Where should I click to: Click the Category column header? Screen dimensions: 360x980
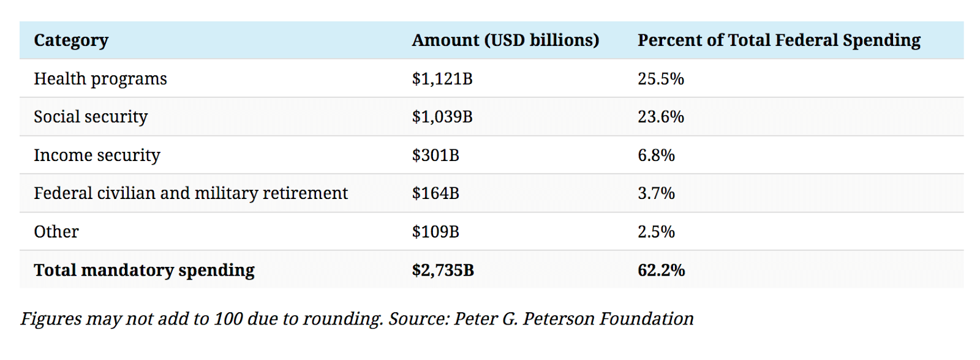[x=71, y=40]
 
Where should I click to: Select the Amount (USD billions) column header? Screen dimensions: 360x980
[x=505, y=40]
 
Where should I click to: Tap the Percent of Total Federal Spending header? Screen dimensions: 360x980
[x=778, y=40]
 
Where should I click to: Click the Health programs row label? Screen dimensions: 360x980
[x=100, y=79]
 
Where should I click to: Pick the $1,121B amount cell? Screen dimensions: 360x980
[x=442, y=79]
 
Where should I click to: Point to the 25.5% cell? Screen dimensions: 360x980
[x=660, y=79]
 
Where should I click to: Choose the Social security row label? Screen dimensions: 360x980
[x=91, y=117]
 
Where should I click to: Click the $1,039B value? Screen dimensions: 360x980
[x=442, y=117]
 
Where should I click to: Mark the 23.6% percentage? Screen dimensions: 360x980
[x=660, y=117]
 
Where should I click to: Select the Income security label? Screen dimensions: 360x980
[x=97, y=156]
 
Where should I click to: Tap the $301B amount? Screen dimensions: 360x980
[x=435, y=156]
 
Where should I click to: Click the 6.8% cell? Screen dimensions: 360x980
[x=656, y=156]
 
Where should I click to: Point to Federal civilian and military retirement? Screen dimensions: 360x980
[x=190, y=193]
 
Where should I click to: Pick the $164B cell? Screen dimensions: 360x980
[x=435, y=193]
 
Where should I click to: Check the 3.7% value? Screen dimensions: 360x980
[x=656, y=193]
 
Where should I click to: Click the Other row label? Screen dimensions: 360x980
[x=56, y=232]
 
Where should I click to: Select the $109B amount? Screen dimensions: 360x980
[x=435, y=232]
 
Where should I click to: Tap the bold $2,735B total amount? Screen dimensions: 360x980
[x=443, y=270]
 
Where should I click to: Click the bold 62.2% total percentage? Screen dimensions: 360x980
[x=661, y=270]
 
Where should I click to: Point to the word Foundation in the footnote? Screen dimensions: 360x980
[x=646, y=319]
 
